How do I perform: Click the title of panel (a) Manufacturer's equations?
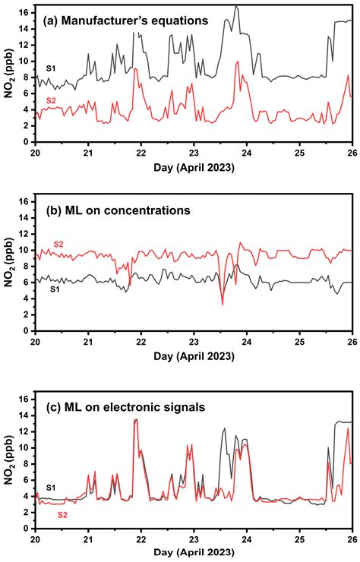pos(125,21)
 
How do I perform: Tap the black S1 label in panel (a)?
pos(51,69)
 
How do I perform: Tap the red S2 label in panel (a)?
pos(51,101)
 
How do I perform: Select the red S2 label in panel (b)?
pos(56,243)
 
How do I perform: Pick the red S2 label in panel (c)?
pos(66,514)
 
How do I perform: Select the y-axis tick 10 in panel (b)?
pos(24,250)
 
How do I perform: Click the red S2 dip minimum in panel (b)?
pos(223,305)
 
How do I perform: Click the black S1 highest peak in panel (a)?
pos(236,6)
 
